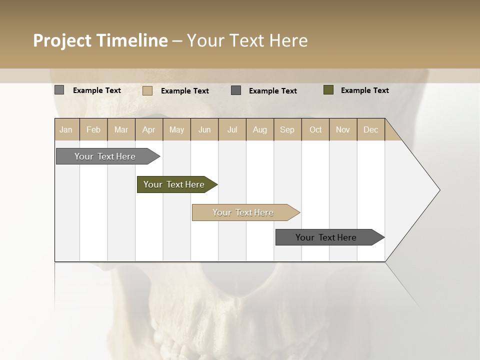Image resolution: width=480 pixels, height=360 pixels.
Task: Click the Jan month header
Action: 66,129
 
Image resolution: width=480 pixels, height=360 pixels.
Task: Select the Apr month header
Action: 149,129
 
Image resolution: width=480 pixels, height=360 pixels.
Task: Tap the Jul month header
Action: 232,129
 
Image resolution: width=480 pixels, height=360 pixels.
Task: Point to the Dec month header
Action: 370,129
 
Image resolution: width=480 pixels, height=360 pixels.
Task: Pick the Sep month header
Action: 287,129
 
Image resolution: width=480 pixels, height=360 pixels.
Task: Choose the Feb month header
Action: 93,129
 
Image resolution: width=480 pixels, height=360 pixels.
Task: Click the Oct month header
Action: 315,129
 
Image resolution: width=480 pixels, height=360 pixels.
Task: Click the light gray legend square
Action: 59,90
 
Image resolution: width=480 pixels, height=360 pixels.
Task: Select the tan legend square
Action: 147,90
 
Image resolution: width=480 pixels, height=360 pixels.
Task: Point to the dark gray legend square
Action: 236,90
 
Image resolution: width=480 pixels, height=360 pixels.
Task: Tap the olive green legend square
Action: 328,90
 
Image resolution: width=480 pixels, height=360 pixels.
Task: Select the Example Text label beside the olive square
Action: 364,90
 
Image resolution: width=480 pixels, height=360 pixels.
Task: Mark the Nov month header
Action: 342,129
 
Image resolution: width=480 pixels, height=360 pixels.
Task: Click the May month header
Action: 176,129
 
